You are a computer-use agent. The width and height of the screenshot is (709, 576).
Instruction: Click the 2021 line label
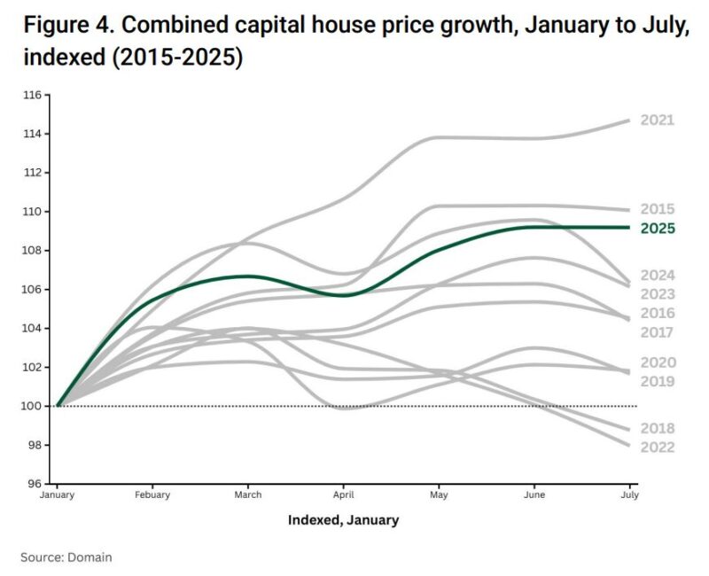(x=658, y=121)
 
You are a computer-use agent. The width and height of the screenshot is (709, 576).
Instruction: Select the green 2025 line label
(x=658, y=229)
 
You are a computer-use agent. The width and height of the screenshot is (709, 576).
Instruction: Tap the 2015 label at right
(x=658, y=209)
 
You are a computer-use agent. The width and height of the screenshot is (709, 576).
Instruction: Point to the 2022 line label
(x=658, y=448)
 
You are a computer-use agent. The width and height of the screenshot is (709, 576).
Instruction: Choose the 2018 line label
(x=658, y=428)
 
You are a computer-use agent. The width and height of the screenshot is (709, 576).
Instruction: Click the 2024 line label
(x=658, y=275)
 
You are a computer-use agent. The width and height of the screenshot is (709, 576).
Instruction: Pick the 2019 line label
(x=658, y=382)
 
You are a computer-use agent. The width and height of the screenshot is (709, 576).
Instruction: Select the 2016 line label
(x=658, y=314)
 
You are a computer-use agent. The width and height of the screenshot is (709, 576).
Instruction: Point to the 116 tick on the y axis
(x=35, y=95)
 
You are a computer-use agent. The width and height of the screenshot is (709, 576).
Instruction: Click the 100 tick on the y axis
(x=35, y=406)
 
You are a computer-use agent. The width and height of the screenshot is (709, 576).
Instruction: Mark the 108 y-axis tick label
(x=35, y=251)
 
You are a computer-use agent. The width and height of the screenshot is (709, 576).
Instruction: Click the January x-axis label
(x=57, y=495)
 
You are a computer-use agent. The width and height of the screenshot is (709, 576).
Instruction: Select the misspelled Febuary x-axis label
(x=152, y=495)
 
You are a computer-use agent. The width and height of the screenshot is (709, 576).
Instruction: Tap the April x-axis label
(x=343, y=495)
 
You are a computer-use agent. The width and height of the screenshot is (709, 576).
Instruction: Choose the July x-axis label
(x=629, y=495)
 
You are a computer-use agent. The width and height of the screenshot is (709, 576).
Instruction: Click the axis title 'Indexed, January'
(x=343, y=520)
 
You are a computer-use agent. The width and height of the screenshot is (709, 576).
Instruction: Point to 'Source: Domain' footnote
(x=66, y=557)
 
